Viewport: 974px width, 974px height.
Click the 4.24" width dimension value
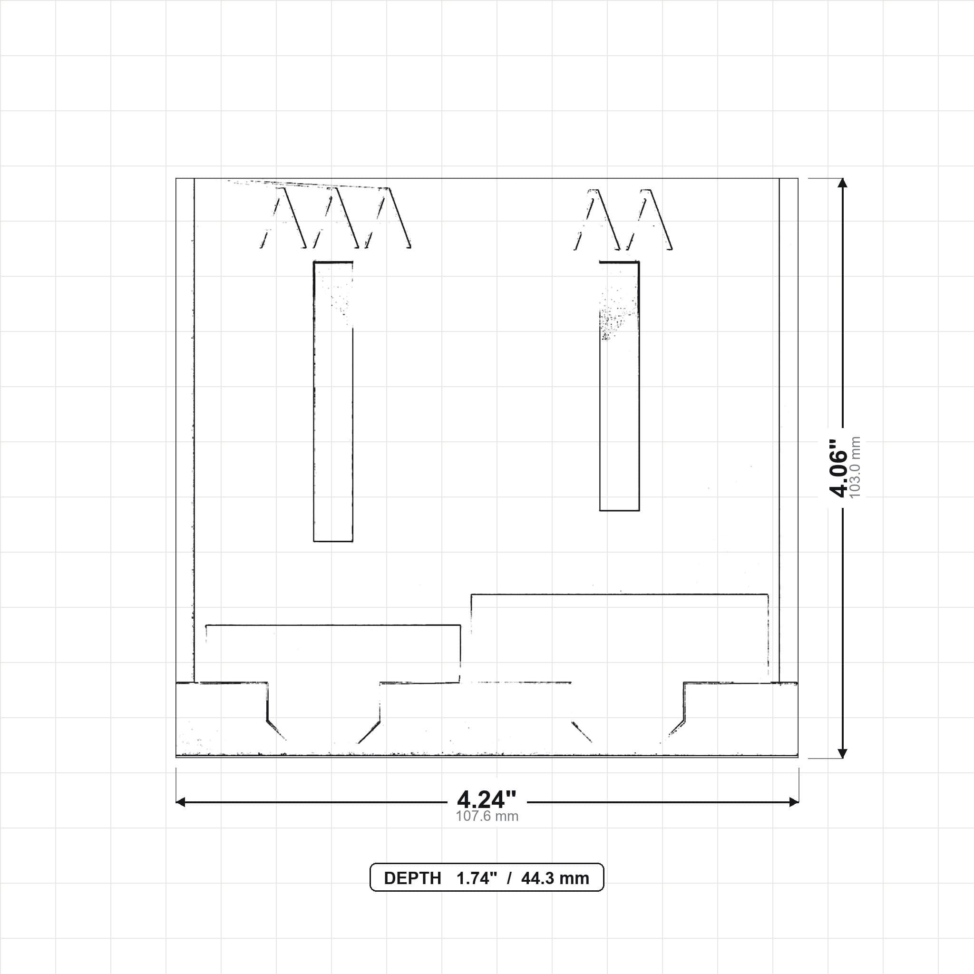[x=487, y=799]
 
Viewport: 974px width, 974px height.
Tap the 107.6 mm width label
[x=487, y=816]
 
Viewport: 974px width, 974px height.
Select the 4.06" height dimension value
[x=838, y=468]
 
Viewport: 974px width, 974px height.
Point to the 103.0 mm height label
[x=855, y=468]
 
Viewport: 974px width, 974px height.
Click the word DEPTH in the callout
[x=412, y=878]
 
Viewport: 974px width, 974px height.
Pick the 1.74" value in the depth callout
[x=477, y=878]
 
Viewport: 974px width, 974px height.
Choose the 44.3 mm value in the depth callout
[x=555, y=878]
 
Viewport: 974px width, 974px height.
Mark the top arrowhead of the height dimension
[x=842, y=183]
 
